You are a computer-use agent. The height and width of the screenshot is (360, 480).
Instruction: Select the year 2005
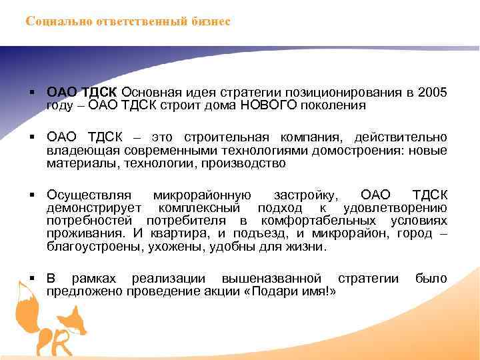433,91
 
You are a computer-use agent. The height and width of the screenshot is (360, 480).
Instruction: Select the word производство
247,163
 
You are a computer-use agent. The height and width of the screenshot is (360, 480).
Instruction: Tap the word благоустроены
93,246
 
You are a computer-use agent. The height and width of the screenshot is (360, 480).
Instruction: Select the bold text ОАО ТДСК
82,91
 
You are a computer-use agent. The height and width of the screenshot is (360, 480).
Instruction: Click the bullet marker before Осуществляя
32,195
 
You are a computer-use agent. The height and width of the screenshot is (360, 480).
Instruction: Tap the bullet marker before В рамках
32,278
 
